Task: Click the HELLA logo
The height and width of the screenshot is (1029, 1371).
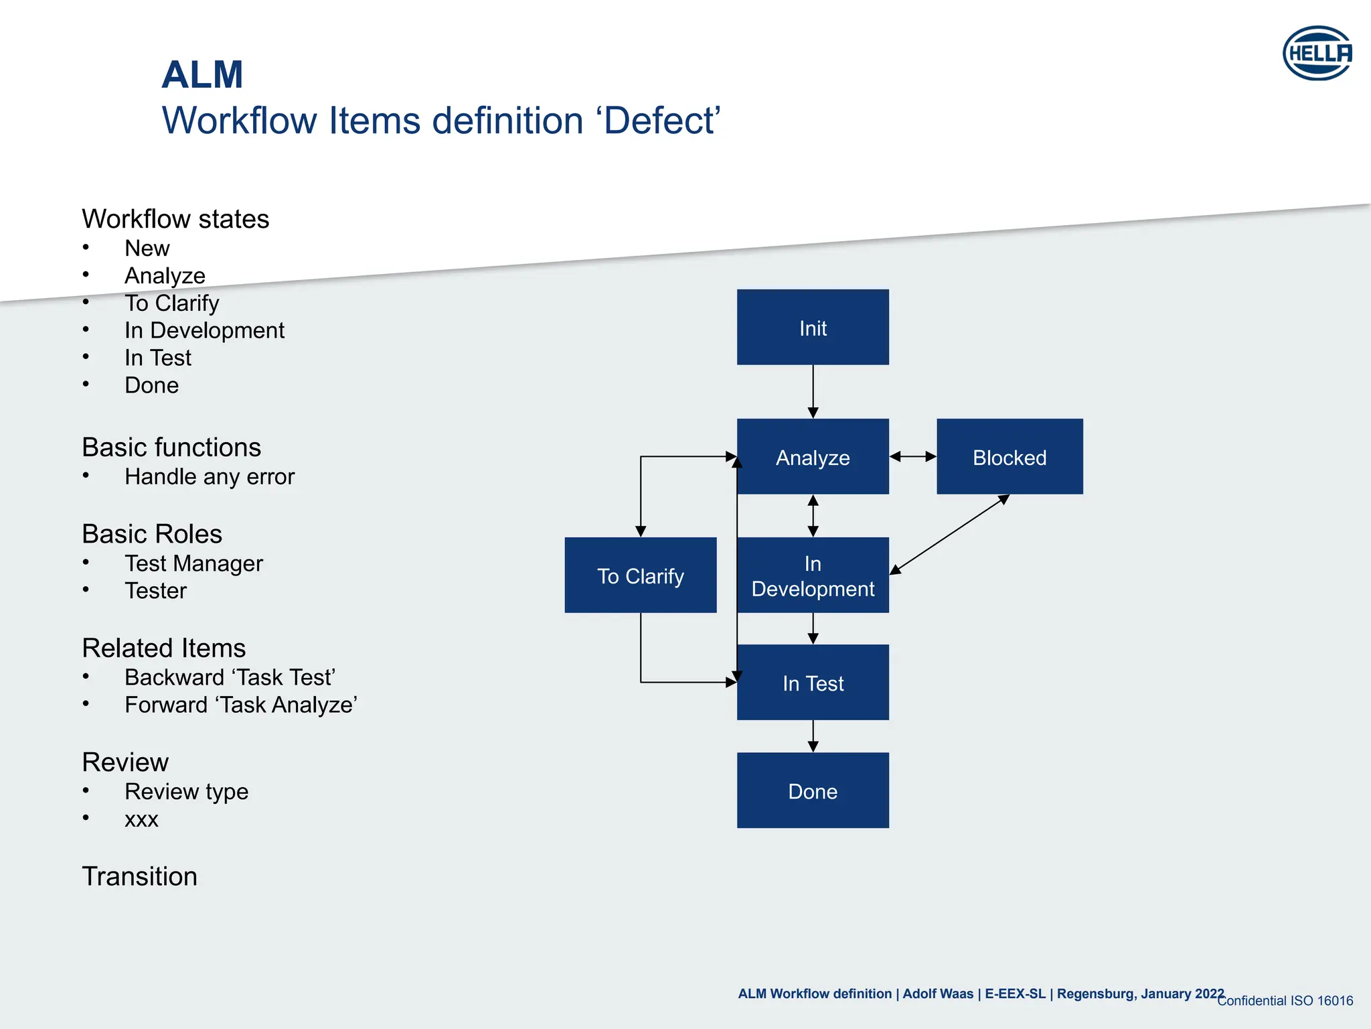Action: (1317, 53)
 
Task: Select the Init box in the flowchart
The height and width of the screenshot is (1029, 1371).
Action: (813, 328)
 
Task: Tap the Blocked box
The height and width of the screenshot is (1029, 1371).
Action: (1010, 457)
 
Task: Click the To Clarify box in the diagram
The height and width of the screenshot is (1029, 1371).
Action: (641, 575)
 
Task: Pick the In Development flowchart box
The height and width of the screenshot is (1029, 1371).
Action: (813, 575)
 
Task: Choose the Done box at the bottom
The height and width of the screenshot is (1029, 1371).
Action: (813, 791)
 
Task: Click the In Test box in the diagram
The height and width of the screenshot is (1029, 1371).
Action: (813, 683)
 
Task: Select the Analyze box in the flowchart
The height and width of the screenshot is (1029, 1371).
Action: (813, 457)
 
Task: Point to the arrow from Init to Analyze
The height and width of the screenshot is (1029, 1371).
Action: (813, 391)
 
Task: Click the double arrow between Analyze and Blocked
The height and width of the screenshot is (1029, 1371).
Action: (912, 456)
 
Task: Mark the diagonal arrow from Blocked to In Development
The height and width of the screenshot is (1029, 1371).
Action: (949, 534)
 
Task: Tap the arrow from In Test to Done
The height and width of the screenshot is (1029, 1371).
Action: (813, 736)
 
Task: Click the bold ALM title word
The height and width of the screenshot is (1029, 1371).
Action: (202, 74)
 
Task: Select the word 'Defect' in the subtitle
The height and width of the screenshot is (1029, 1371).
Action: (661, 121)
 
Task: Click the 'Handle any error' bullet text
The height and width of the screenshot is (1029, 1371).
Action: (210, 476)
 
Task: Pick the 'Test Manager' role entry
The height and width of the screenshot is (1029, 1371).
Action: (193, 563)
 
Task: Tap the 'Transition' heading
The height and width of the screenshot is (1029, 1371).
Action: (139, 876)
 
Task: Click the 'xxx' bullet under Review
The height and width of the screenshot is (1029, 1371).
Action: (141, 819)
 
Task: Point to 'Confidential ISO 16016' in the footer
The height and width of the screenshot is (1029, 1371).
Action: (1285, 1001)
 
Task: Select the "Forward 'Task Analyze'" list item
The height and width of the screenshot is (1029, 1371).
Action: (241, 705)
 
